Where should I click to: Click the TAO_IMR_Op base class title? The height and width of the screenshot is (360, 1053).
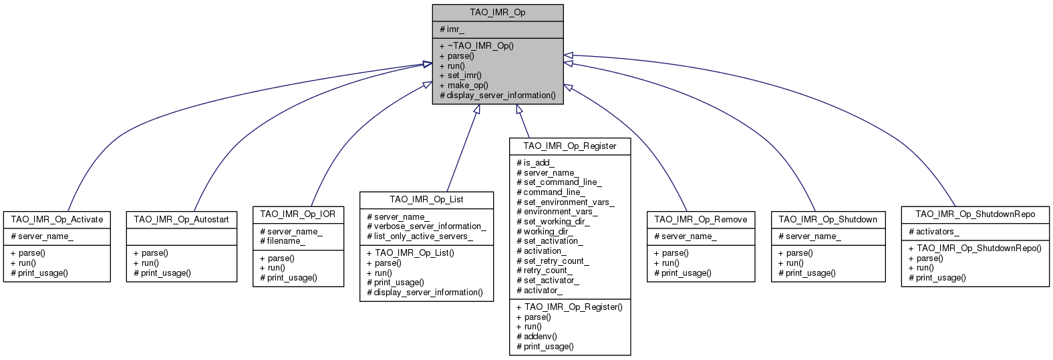(497, 13)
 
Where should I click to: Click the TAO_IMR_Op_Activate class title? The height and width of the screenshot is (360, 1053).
(57, 220)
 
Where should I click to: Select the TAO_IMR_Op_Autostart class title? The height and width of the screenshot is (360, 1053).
(181, 220)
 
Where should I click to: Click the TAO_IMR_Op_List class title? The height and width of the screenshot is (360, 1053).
(426, 200)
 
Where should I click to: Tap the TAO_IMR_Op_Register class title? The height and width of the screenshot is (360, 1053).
(569, 146)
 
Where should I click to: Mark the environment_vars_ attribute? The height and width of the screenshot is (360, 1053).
(557, 212)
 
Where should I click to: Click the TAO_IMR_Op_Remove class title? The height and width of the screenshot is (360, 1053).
(700, 220)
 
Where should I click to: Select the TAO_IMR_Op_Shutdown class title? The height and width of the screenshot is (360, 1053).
(828, 220)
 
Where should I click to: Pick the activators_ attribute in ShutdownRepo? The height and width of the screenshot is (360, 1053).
(934, 232)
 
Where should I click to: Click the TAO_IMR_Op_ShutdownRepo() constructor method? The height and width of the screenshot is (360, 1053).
(975, 248)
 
